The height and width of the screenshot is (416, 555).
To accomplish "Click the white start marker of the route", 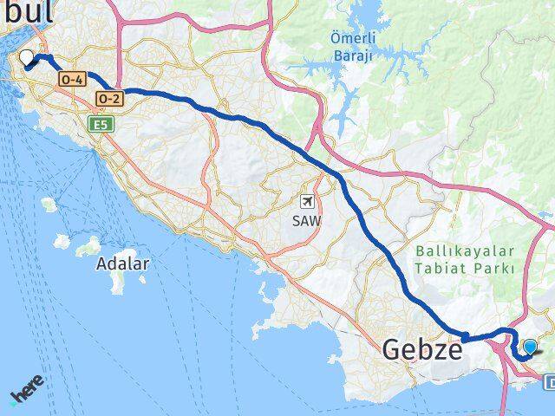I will pos(27,58).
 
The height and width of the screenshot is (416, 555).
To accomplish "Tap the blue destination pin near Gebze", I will pos(530,348).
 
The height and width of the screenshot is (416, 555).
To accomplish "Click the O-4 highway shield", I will pos(71,79).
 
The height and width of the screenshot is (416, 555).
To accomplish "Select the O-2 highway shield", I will pos(110,99).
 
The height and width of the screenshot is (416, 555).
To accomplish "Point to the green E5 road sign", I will pos(100,126).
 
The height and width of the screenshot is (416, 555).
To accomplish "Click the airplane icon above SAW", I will pos(307,201).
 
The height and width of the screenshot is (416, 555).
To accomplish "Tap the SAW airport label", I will pos(307,221).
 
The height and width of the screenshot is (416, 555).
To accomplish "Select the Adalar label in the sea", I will pos(123,263).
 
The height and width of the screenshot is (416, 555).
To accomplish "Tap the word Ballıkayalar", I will pos(465,250).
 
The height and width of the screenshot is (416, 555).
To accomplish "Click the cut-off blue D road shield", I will pos(550,381).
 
